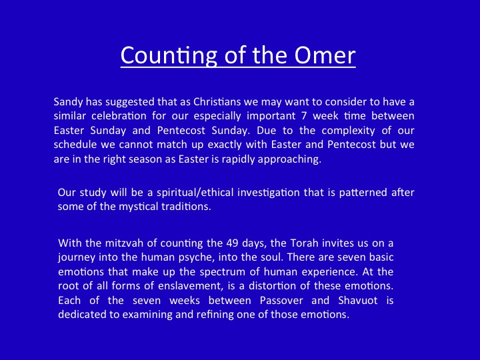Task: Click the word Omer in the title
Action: click(325, 55)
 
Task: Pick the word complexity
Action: click(349, 131)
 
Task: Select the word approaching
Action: click(289, 159)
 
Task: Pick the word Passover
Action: click(281, 300)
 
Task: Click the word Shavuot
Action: click(358, 300)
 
